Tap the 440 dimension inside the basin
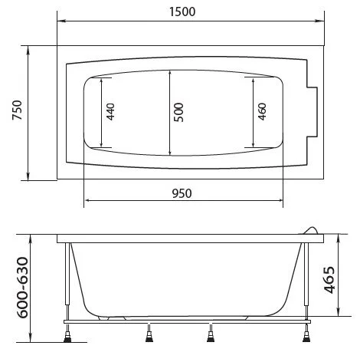click(x=110, y=113)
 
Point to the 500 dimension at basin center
click(x=177, y=113)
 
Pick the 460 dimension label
click(x=261, y=113)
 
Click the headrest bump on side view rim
click(x=309, y=230)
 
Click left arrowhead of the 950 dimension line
click(x=87, y=202)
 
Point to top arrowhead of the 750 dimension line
click(x=29, y=48)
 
